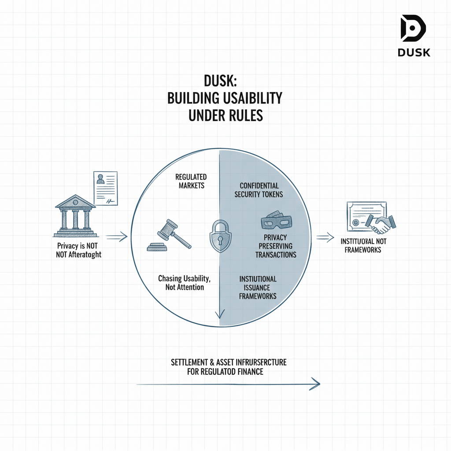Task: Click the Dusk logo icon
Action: [413, 30]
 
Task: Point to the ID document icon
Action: [105, 189]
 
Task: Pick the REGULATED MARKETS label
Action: [191, 181]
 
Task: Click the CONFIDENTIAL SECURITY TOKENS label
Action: [259, 190]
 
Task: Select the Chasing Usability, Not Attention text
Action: [181, 283]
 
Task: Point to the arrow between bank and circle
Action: [116, 237]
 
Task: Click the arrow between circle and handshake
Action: [325, 238]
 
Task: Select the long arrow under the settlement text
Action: [228, 384]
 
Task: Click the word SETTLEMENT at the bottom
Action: [190, 362]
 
